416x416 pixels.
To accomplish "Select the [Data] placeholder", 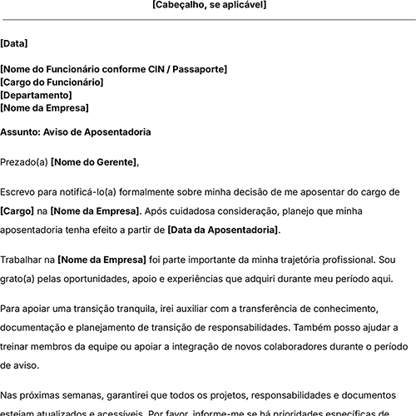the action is click(x=13, y=43).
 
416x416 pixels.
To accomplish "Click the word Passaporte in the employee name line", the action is click(x=198, y=69).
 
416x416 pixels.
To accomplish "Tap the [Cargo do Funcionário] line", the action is click(x=52, y=82).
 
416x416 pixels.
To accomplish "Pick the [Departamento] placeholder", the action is click(x=36, y=95).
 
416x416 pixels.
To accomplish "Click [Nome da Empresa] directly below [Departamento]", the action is click(x=44, y=107).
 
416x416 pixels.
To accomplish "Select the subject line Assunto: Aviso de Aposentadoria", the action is click(x=76, y=131).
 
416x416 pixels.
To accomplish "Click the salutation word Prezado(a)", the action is click(x=24, y=161).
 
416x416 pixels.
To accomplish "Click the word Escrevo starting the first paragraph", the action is click(x=20, y=191).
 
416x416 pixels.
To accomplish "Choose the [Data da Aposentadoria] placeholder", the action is click(x=223, y=229).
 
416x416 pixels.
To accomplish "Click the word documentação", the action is click(x=37, y=328).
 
